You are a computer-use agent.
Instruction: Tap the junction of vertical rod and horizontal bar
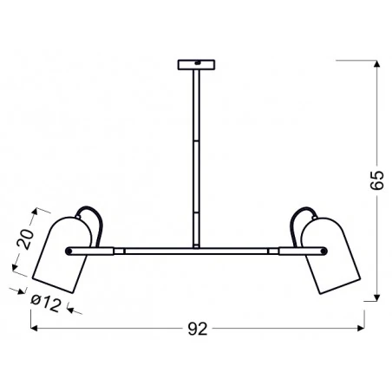(x=196, y=249)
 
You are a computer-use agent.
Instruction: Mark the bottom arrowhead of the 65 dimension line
(x=375, y=297)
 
